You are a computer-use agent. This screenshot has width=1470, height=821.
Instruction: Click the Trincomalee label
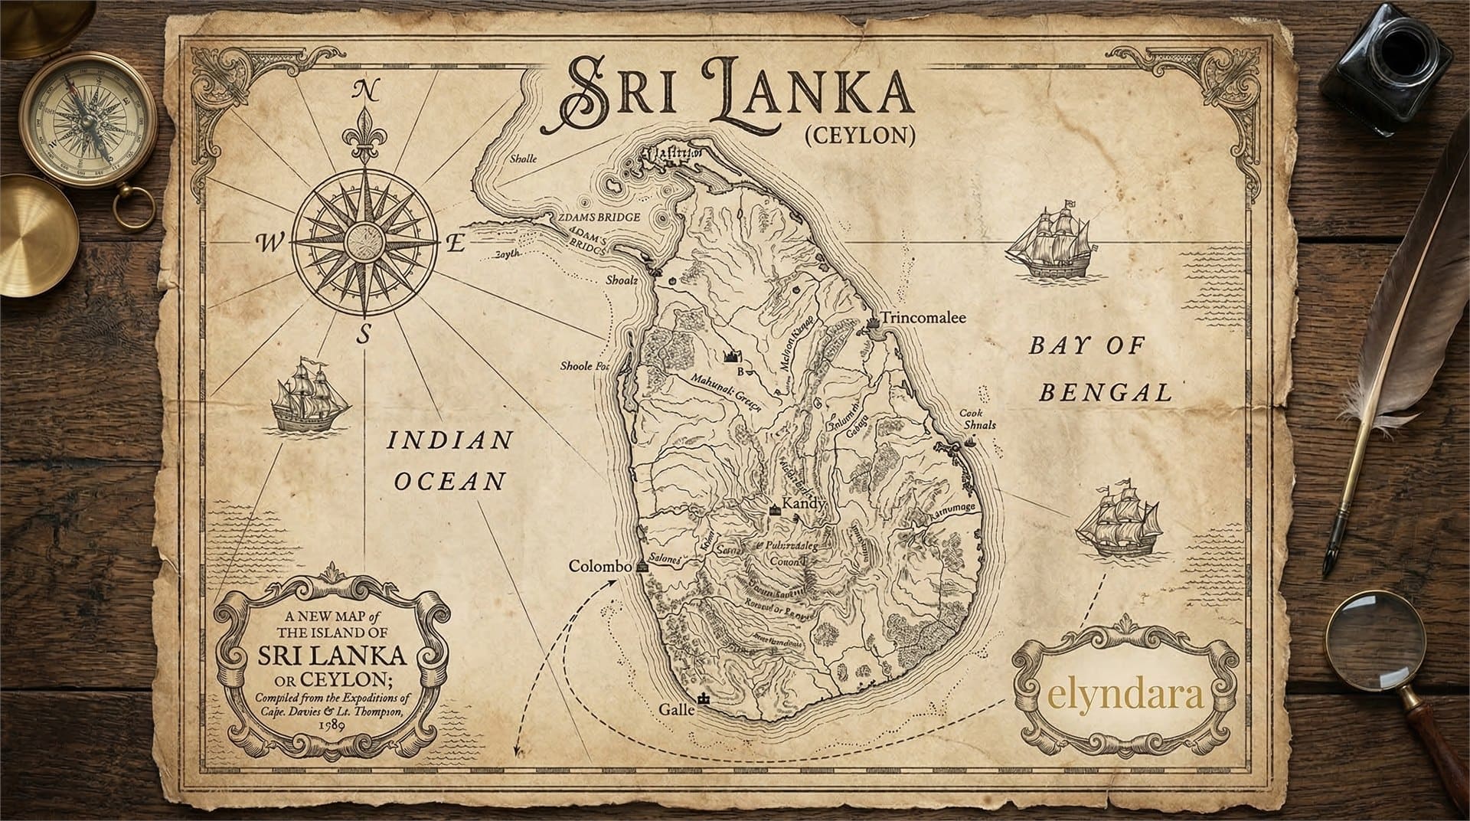click(923, 318)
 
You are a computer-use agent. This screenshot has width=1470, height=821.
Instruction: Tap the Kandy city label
click(803, 504)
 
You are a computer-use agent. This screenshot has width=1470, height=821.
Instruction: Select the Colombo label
click(599, 566)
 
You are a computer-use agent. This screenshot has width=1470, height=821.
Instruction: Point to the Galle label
click(676, 710)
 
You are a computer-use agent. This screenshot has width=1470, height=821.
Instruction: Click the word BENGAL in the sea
click(1106, 394)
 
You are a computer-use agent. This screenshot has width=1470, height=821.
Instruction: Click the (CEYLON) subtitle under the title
click(860, 136)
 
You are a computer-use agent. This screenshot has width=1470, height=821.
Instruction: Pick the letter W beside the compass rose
click(269, 244)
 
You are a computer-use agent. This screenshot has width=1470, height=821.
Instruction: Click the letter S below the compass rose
click(365, 335)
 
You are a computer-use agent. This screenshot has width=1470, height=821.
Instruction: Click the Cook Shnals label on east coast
click(978, 419)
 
